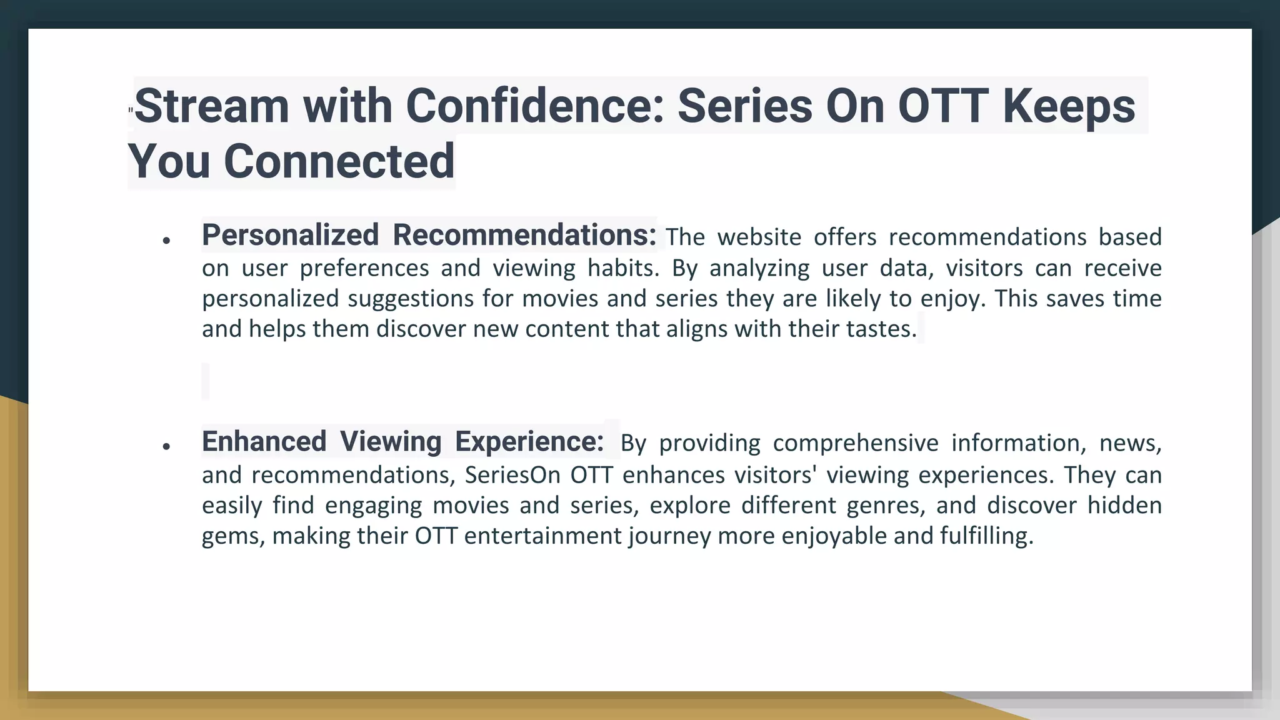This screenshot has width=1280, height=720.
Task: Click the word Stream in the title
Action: (211, 106)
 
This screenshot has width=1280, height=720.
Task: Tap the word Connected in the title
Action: (339, 161)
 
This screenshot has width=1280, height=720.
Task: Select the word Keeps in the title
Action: (1069, 106)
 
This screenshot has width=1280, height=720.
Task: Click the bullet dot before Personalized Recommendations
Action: (166, 241)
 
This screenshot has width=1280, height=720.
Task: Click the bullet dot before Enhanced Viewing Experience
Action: (166, 447)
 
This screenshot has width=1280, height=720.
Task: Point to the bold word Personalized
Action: (290, 236)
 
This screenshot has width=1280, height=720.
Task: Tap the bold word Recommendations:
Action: (524, 236)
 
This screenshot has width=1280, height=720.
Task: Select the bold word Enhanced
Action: (264, 442)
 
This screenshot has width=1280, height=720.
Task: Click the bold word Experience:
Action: (529, 442)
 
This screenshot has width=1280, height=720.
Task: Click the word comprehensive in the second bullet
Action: (856, 443)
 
